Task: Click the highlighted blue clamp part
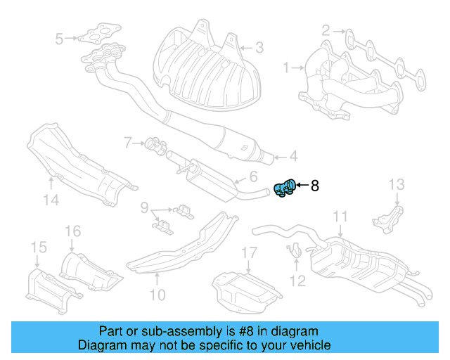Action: pos(284,188)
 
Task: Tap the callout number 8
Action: pos(315,186)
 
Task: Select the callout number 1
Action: pos(286,68)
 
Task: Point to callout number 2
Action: pos(326,31)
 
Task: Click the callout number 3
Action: pos(259,48)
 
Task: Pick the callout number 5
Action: pos(59,38)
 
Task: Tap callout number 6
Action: pos(253,177)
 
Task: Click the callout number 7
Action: pos(127,143)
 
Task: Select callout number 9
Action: pos(143,207)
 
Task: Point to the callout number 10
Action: pos(157,295)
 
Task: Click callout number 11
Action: pos(340,217)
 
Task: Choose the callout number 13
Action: pos(397,185)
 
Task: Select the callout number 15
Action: pos(38,247)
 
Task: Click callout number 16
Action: pos(73,231)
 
